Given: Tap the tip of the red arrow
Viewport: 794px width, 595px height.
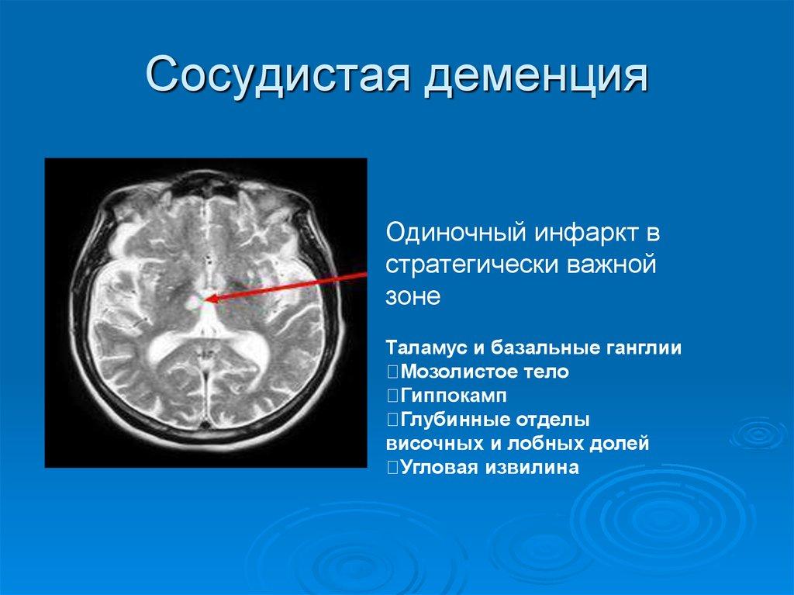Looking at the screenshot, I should tap(209, 298).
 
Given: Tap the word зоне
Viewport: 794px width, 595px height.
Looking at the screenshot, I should tap(413, 296).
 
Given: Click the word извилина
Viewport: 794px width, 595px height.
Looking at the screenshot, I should tap(533, 469).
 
